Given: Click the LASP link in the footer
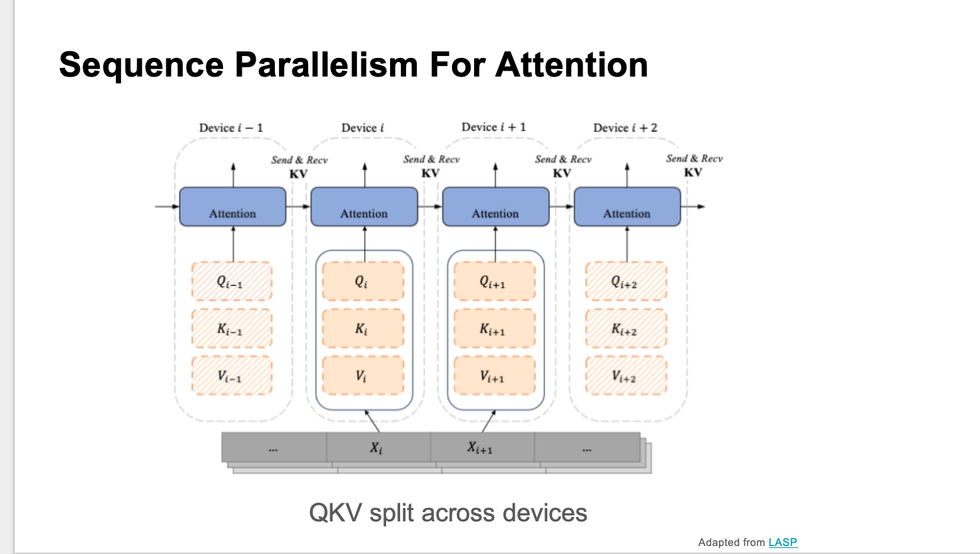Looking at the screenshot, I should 782,542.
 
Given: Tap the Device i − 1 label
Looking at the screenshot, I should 231,128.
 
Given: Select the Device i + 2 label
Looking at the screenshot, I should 625,128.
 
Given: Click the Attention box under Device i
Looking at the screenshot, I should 364,207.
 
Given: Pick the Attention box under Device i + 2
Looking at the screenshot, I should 627,207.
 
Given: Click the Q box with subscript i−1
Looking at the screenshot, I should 232,282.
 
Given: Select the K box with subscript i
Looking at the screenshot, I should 363,329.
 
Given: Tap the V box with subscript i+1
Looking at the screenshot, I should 494,376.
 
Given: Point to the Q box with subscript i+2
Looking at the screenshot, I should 626,282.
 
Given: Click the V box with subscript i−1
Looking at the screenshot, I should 232,376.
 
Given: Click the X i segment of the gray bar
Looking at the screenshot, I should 377,447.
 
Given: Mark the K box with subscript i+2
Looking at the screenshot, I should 626,329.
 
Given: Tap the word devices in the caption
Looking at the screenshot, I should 545,513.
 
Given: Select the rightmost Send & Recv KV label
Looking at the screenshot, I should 694,165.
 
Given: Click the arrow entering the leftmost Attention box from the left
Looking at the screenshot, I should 166,206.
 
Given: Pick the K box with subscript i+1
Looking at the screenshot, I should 494,329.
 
